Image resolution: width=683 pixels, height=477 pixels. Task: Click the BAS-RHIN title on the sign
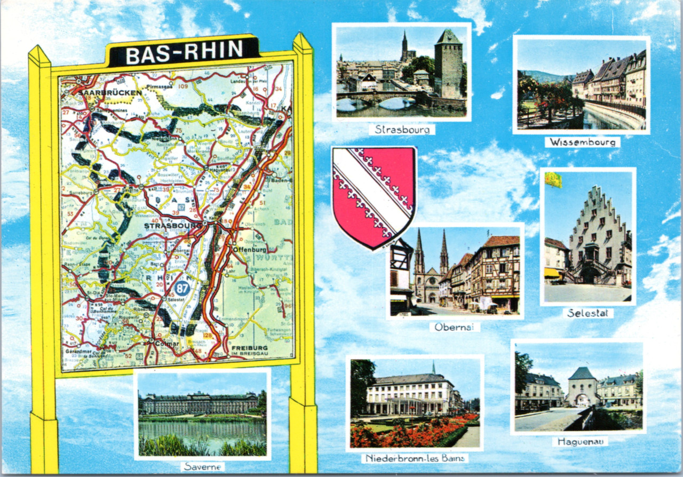184,53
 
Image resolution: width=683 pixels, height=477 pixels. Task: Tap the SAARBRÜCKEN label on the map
110,93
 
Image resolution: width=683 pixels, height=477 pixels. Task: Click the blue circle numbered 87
181,289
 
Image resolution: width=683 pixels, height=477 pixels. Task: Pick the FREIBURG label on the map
250,348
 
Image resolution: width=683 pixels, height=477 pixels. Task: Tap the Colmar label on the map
168,344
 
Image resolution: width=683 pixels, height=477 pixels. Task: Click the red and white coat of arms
374,196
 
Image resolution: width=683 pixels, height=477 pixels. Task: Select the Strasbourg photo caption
401,130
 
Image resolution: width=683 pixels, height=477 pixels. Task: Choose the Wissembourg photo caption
582,142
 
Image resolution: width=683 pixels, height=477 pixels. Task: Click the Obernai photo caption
455,327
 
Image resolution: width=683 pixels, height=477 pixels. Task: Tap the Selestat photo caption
588,313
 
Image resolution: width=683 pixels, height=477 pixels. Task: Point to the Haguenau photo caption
579,442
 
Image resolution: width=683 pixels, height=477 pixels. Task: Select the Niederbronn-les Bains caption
415,458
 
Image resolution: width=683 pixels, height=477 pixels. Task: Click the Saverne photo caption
202,467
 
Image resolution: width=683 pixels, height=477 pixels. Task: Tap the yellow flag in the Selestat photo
553,180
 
